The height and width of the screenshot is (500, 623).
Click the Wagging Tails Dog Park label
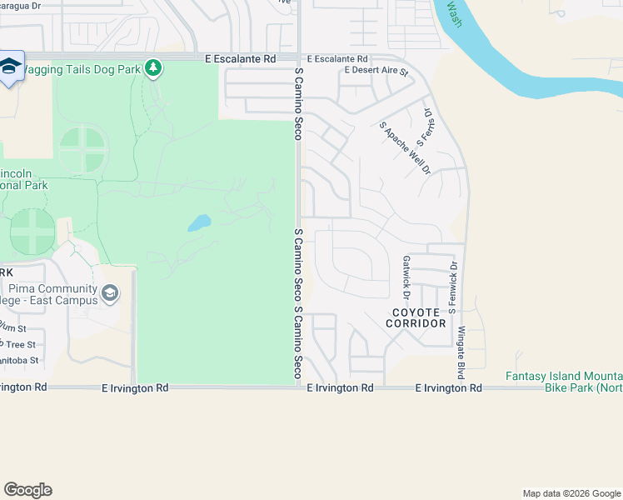[x=79, y=69]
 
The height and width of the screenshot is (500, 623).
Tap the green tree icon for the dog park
[x=152, y=68]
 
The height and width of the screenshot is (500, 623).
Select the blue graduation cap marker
[x=10, y=67]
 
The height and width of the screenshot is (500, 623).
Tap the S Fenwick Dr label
[x=454, y=282]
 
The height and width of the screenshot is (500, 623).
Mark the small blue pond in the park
[x=198, y=222]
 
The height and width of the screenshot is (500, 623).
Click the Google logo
[x=27, y=490]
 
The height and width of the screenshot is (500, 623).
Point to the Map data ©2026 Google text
[x=571, y=493]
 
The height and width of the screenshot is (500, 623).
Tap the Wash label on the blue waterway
[x=453, y=12]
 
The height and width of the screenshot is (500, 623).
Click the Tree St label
[x=20, y=344]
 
